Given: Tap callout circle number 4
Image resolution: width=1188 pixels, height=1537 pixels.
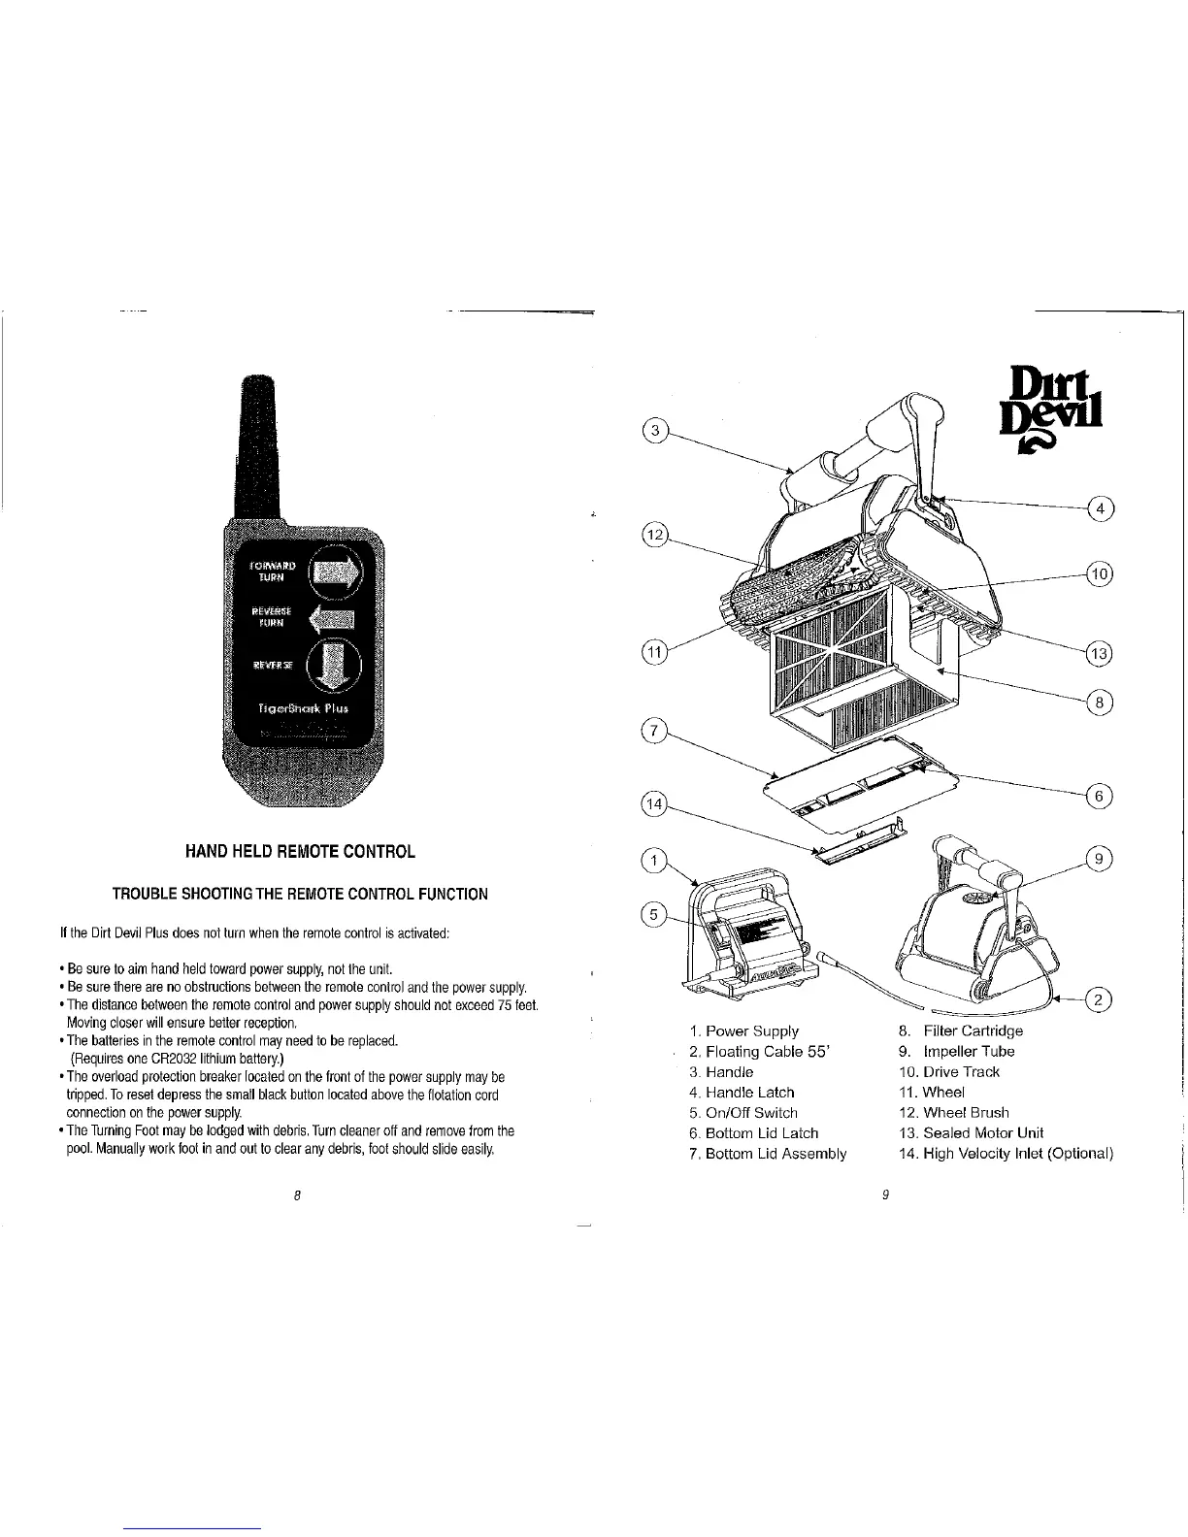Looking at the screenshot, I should tap(1101, 508).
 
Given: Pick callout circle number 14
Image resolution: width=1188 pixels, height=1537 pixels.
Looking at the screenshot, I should tap(657, 804).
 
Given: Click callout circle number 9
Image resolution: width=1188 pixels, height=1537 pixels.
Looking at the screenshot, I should tap(1100, 858).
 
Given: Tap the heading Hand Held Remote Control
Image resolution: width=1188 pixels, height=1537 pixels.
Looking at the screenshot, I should tap(300, 852).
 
